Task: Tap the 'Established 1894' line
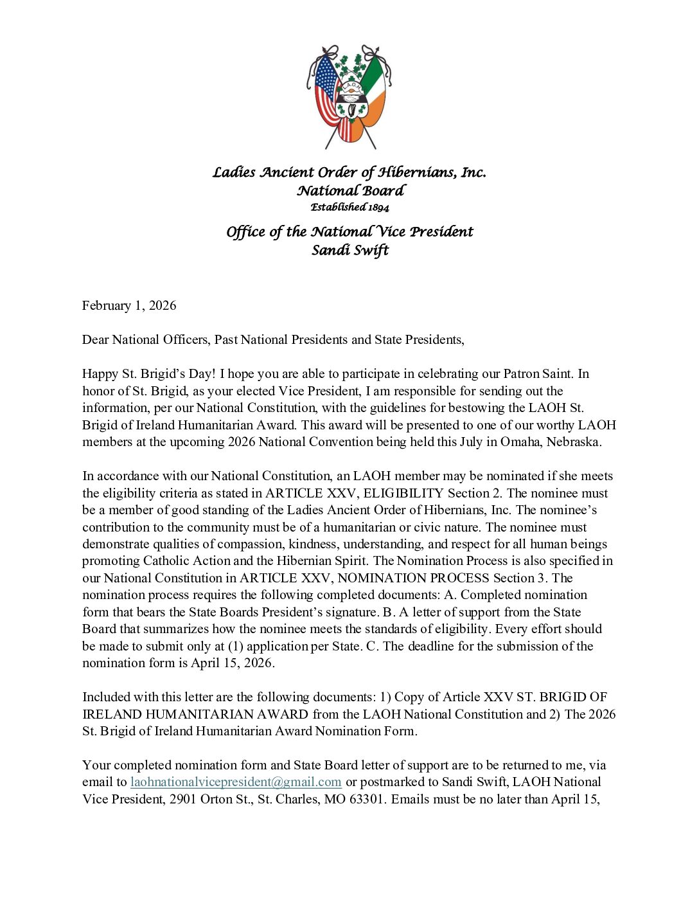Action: [x=349, y=207]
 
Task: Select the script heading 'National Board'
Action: [x=350, y=190]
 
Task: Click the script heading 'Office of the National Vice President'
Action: [x=349, y=231]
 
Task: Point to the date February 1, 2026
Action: [x=129, y=305]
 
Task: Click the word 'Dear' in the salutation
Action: [x=96, y=339]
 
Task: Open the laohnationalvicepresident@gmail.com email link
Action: [x=236, y=782]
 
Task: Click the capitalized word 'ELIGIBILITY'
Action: [x=403, y=493]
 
